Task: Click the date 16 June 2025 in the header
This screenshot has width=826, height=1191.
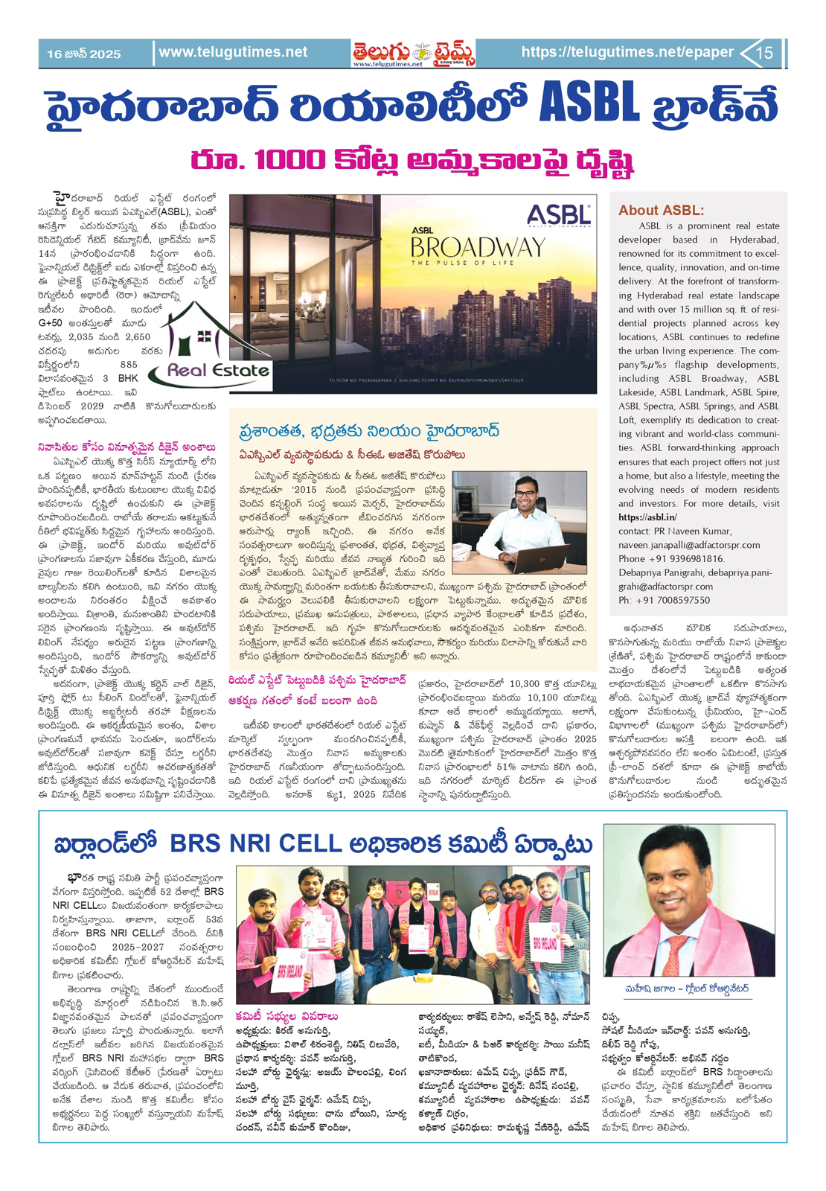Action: (83, 54)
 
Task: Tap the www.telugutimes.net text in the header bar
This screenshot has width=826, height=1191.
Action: (233, 52)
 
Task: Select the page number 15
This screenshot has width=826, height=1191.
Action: (764, 53)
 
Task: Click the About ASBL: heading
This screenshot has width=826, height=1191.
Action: (661, 210)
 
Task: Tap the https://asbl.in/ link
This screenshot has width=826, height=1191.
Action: (647, 517)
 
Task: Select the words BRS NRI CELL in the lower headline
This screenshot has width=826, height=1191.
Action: (255, 844)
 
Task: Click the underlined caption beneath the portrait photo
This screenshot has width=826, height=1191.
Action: (687, 989)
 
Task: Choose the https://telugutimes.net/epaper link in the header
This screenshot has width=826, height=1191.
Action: (627, 52)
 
